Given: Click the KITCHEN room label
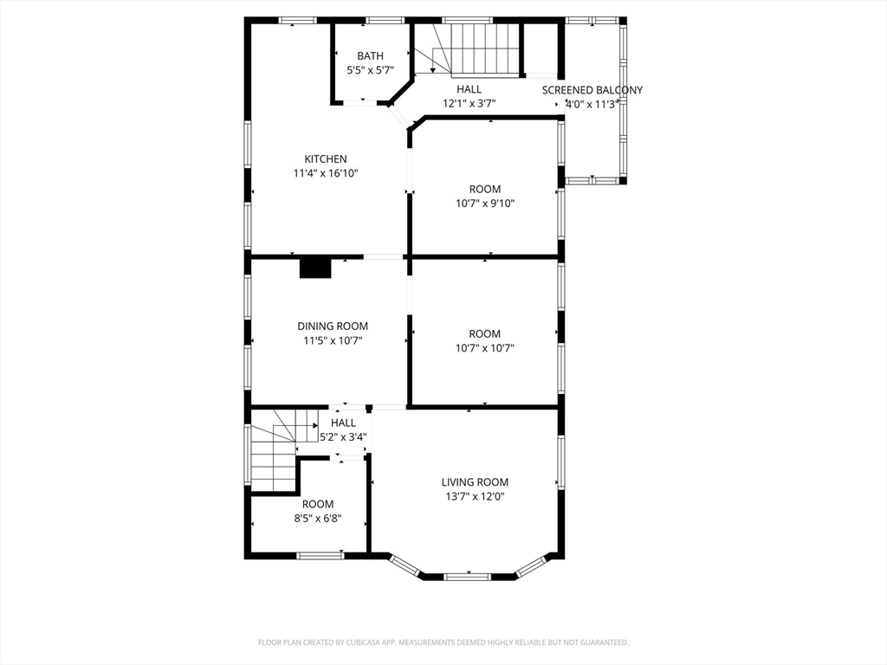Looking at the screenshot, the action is pyautogui.click(x=326, y=159).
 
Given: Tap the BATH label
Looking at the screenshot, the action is pyautogui.click(x=370, y=56).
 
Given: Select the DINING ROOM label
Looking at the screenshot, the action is pyautogui.click(x=333, y=326).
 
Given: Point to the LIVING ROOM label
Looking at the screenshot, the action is pyautogui.click(x=475, y=482).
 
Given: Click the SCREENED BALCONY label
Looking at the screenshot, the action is pyautogui.click(x=592, y=90).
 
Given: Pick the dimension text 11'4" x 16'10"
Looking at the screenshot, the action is pyautogui.click(x=326, y=173).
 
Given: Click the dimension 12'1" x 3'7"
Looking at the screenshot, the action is pyautogui.click(x=469, y=104).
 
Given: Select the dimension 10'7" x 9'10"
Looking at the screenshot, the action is pyautogui.click(x=485, y=203).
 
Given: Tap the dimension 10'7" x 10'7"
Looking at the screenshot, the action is pyautogui.click(x=485, y=348).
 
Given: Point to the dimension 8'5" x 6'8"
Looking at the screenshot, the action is pyautogui.click(x=317, y=519).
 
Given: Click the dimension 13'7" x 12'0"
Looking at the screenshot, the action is pyautogui.click(x=475, y=497).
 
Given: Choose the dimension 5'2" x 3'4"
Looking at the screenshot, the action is pyautogui.click(x=343, y=437).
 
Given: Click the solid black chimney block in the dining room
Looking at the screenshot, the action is pyautogui.click(x=315, y=268).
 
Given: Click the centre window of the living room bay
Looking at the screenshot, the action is pyautogui.click(x=467, y=577).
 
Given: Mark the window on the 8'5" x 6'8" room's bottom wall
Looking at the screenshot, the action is pyautogui.click(x=320, y=556).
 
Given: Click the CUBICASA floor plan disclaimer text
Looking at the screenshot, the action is pyautogui.click(x=443, y=642).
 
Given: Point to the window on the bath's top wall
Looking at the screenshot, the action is pyautogui.click(x=385, y=21).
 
